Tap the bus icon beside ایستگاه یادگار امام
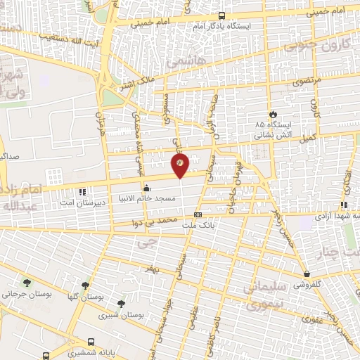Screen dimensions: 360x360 [x=222, y=15]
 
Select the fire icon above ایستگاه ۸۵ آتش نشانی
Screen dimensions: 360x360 [x=273, y=114]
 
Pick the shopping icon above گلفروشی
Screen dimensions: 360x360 [x=307, y=274]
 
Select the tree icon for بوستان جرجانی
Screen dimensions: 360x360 [x=27, y=282]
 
